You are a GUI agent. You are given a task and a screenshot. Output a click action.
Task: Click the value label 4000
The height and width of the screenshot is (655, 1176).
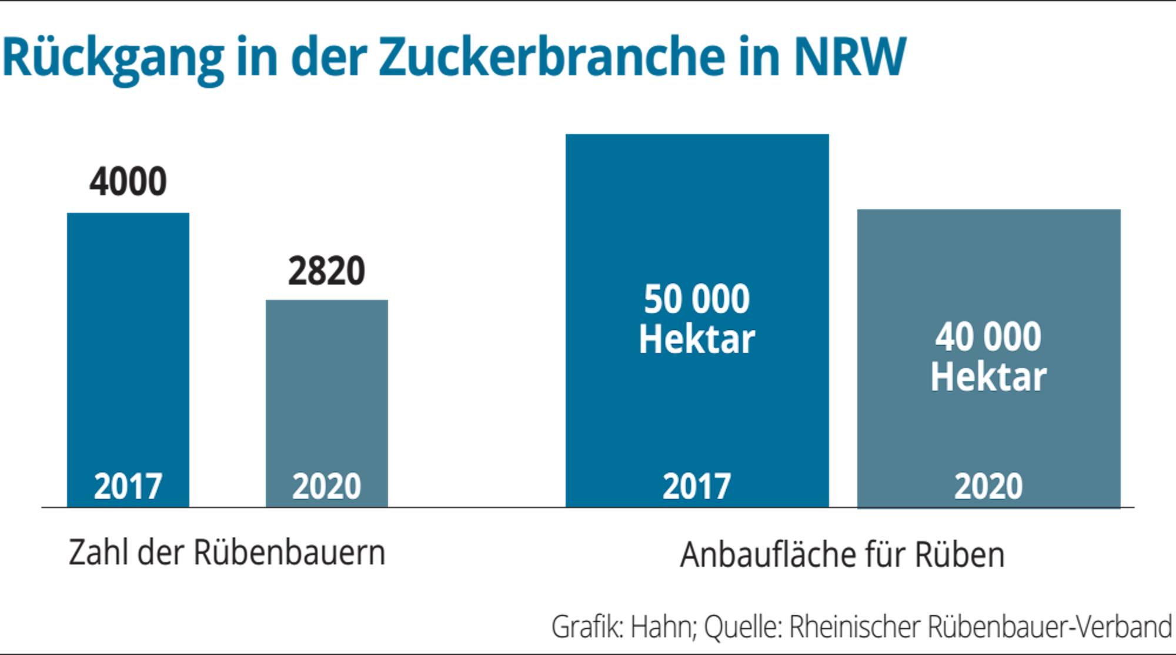pos(128,181)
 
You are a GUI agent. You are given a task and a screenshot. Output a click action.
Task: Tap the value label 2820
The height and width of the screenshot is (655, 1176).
pos(326,271)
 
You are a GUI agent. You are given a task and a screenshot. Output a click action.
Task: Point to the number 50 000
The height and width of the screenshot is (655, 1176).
pos(697,299)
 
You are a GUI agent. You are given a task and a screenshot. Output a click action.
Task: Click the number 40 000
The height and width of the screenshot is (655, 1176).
pos(988,337)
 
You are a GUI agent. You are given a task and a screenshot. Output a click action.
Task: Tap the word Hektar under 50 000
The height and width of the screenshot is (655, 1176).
pos(697,340)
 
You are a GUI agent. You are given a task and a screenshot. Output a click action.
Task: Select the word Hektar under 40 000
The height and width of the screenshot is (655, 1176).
pos(988,377)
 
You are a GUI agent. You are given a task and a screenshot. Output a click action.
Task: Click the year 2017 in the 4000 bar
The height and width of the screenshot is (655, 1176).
pos(128,487)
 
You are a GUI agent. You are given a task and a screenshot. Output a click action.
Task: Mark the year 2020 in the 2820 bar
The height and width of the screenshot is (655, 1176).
pos(326,487)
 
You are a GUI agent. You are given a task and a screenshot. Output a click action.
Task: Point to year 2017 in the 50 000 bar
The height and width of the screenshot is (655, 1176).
pos(697,487)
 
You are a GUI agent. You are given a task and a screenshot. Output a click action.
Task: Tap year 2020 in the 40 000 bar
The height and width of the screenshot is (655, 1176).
pos(988,487)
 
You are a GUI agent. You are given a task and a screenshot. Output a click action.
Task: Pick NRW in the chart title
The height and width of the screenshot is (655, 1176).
pos(850,57)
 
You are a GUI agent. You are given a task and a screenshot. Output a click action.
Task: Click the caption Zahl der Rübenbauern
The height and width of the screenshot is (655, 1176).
pos(227,553)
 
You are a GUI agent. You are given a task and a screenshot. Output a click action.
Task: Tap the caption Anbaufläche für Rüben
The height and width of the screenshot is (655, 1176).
pos(842,554)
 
